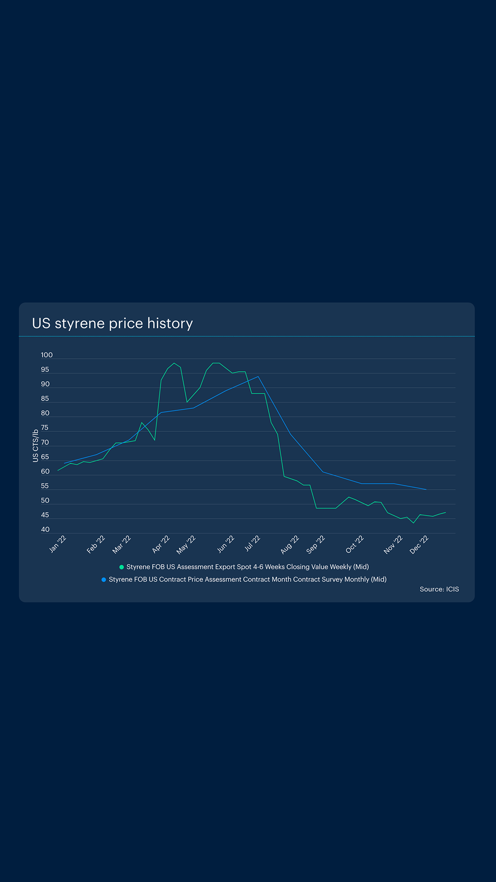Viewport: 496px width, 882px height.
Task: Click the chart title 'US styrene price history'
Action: (112, 323)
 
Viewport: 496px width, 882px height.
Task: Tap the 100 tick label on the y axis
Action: (46, 355)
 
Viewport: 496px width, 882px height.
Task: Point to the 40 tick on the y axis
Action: (45, 530)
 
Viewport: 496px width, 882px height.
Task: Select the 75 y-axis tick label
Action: (45, 428)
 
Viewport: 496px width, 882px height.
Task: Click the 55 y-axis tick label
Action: (45, 486)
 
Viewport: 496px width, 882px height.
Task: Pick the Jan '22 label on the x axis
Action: (58, 544)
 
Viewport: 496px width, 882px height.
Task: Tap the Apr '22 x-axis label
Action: (161, 544)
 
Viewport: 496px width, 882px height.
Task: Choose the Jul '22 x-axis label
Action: (252, 543)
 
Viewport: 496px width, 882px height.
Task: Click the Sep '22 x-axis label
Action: (316, 544)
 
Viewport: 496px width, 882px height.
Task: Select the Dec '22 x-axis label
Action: (419, 544)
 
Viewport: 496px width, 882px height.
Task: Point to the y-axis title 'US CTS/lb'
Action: (35, 446)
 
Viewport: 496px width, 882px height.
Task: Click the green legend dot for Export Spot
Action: (122, 567)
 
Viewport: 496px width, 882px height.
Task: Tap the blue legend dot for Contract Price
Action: (104, 580)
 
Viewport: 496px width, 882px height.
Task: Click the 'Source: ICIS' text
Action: (439, 589)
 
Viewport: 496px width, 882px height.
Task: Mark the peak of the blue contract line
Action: (258, 377)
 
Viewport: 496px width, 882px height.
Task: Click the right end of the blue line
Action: (427, 490)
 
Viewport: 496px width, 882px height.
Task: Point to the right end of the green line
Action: (445, 513)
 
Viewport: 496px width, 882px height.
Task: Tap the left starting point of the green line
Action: (58, 470)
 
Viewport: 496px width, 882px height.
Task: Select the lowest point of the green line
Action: (414, 523)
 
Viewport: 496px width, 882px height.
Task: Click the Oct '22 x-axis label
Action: (355, 544)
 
